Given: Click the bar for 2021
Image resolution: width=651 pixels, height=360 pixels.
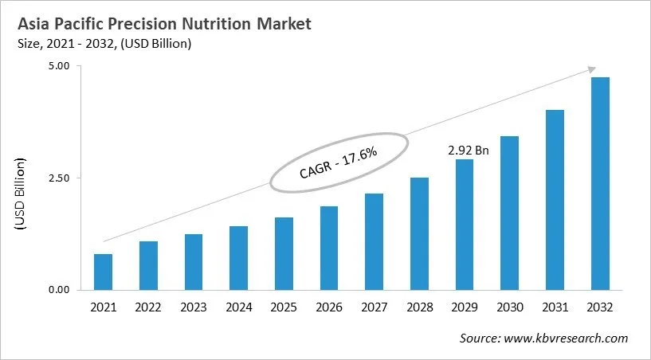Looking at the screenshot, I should [x=103, y=272].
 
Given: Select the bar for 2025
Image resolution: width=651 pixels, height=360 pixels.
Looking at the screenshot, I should [x=284, y=253].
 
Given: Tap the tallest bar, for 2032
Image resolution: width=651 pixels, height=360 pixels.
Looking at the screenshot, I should [x=600, y=183].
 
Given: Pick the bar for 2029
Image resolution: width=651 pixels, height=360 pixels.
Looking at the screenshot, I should [x=465, y=224].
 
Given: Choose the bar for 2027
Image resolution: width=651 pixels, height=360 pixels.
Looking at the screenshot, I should [x=374, y=241].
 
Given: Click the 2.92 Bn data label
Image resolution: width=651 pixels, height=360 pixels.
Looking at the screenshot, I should [x=464, y=149].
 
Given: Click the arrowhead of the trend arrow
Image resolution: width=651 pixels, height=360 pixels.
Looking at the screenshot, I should [x=590, y=70].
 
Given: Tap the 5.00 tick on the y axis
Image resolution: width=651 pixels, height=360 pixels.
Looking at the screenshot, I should [x=59, y=66].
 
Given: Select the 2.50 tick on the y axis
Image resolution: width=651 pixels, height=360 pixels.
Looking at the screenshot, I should [x=59, y=178].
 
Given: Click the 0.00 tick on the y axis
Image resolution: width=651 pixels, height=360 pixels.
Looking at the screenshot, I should [x=59, y=290].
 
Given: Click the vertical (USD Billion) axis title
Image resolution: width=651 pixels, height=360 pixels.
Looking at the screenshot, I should [x=21, y=194].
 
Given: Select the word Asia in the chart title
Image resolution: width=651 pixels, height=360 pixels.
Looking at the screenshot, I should [x=34, y=24].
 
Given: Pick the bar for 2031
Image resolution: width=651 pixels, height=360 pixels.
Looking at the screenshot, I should [x=555, y=199].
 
